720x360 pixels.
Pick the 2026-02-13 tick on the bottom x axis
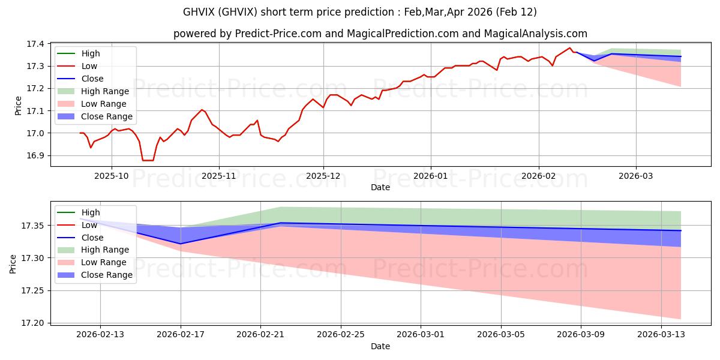(x=100, y=334)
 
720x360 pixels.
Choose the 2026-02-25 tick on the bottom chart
(x=341, y=334)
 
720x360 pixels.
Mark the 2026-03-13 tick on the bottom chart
(x=662, y=334)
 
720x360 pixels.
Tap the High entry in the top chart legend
(x=91, y=53)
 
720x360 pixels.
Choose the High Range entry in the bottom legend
(x=105, y=250)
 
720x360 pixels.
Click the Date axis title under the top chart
(x=380, y=187)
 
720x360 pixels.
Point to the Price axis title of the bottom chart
(x=13, y=263)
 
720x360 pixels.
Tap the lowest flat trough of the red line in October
(x=148, y=160)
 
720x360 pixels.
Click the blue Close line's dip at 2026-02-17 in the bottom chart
(x=181, y=244)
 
